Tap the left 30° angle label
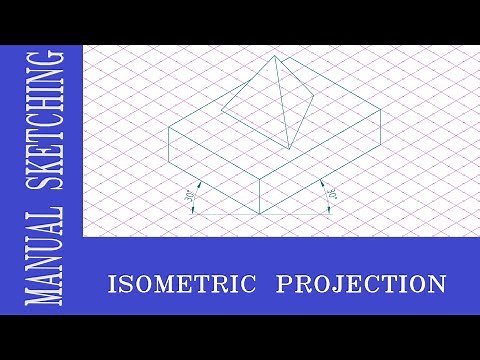point(188,187)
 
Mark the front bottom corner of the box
point(260,215)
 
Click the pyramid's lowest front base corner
point(291,149)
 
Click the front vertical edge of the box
point(260,197)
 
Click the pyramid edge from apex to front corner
point(281,103)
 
